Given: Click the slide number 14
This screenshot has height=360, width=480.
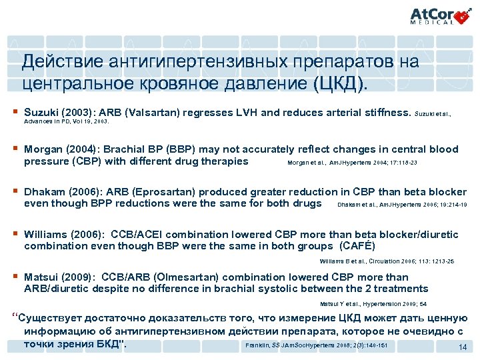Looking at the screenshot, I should tap(462, 348).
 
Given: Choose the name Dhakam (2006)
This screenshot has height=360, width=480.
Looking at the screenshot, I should tap(59, 192).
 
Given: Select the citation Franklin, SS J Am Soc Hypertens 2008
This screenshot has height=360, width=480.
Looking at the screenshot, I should tap(316, 345).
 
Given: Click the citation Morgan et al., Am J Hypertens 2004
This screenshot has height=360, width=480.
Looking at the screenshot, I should tap(353, 162).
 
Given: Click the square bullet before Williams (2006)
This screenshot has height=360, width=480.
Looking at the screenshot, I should tap(14, 234).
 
